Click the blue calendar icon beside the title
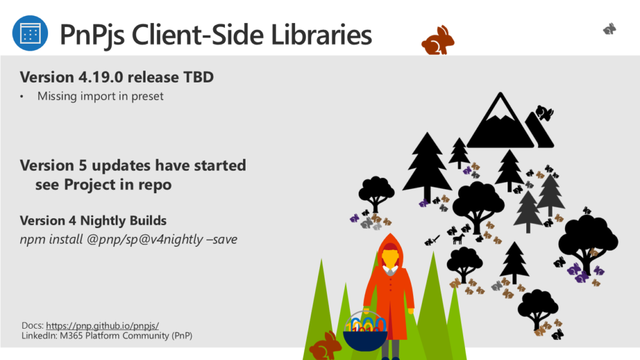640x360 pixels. point(30,33)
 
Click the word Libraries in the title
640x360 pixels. point(321,34)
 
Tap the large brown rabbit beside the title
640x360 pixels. point(437,41)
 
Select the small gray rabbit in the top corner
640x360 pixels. point(609,29)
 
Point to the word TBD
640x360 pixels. point(198,77)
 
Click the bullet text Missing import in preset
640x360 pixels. point(101,96)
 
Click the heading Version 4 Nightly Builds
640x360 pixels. point(93,221)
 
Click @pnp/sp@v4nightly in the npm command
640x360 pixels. point(145,239)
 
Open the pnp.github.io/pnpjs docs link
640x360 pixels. point(102,326)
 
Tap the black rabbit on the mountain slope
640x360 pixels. point(544,112)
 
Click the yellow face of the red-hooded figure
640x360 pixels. point(390,258)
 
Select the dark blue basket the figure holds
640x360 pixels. point(365,339)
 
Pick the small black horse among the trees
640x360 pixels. point(459,238)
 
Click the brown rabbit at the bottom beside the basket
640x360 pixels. point(325,346)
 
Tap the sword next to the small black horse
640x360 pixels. point(432,241)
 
